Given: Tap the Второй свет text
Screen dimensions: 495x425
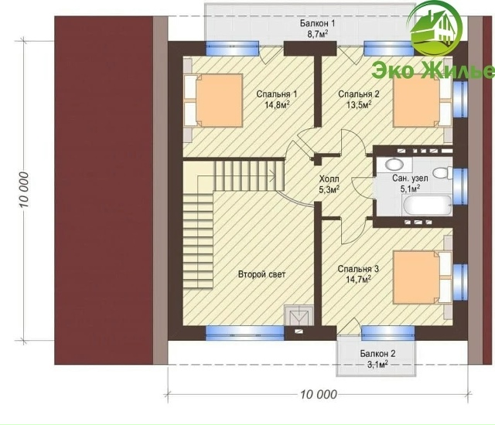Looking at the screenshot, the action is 261,274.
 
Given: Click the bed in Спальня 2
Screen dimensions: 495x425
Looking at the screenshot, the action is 422,100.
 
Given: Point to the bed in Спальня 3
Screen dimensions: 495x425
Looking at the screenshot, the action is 422,277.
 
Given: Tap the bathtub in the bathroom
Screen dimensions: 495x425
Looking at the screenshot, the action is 428,206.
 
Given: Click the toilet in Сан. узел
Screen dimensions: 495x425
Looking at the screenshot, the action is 442,173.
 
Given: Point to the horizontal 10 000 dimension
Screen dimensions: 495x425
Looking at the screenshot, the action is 318,394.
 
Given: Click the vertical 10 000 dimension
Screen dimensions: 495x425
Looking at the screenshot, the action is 25,189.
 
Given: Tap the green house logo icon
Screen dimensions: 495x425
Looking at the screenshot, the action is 435,29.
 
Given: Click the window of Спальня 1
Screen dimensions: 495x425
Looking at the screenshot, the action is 232,48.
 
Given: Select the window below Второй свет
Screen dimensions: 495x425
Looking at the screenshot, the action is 245,333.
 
